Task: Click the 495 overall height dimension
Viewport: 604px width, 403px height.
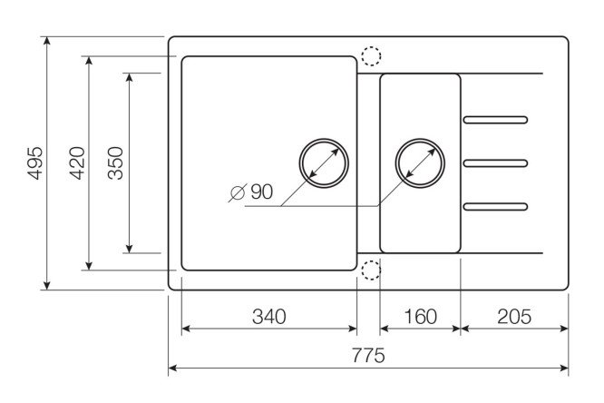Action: pyautogui.click(x=35, y=163)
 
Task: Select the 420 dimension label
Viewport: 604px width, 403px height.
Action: pyautogui.click(x=77, y=163)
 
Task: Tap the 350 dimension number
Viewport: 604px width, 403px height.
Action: pyautogui.click(x=115, y=163)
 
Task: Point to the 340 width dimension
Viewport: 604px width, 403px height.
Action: pyautogui.click(x=269, y=317)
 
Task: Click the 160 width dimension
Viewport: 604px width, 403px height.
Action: pyautogui.click(x=420, y=317)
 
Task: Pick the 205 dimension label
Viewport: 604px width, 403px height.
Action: pyautogui.click(x=514, y=317)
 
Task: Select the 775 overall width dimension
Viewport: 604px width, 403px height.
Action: pyautogui.click(x=368, y=355)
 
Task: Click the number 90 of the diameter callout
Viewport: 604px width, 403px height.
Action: pyautogui.click(x=261, y=192)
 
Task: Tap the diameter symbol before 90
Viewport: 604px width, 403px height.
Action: pyautogui.click(x=238, y=192)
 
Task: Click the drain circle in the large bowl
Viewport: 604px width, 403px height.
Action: pyautogui.click(x=324, y=163)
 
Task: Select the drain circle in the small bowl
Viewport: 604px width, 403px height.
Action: pyautogui.click(x=420, y=163)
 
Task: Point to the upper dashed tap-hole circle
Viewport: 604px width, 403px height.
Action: pyautogui.click(x=371, y=56)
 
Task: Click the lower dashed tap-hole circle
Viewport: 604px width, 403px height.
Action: pyautogui.click(x=371, y=270)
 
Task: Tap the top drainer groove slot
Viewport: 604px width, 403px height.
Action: pyautogui.click(x=495, y=120)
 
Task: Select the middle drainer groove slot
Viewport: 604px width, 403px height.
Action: pyautogui.click(x=495, y=163)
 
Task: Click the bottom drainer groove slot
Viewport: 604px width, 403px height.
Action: pyautogui.click(x=495, y=207)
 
